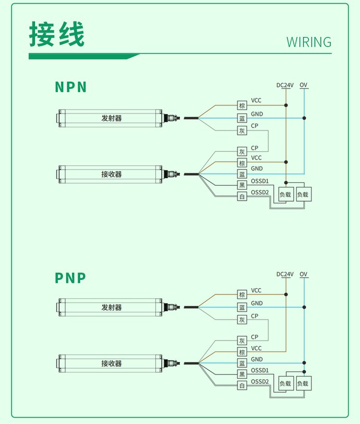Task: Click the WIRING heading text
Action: tap(309, 42)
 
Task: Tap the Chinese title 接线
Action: tap(57, 34)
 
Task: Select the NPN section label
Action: tap(71, 87)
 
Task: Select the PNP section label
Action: tap(70, 278)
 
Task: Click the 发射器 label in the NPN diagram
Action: tap(111, 118)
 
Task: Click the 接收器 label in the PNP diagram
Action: tap(111, 363)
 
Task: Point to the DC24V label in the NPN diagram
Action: tap(285, 85)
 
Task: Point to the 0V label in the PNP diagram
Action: tap(303, 274)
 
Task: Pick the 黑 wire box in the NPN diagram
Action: tap(242, 185)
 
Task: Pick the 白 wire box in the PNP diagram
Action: tap(242, 386)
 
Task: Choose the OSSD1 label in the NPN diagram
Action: tap(260, 181)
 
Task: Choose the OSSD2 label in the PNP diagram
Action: tap(260, 382)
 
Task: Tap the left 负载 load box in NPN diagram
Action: tap(285, 195)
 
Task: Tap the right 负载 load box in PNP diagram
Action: tap(303, 384)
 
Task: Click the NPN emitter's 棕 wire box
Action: tap(242, 106)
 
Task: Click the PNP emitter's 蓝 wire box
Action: tap(242, 307)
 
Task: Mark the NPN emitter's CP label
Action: tap(254, 126)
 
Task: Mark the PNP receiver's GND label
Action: tap(257, 359)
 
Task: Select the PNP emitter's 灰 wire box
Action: tap(242, 320)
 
